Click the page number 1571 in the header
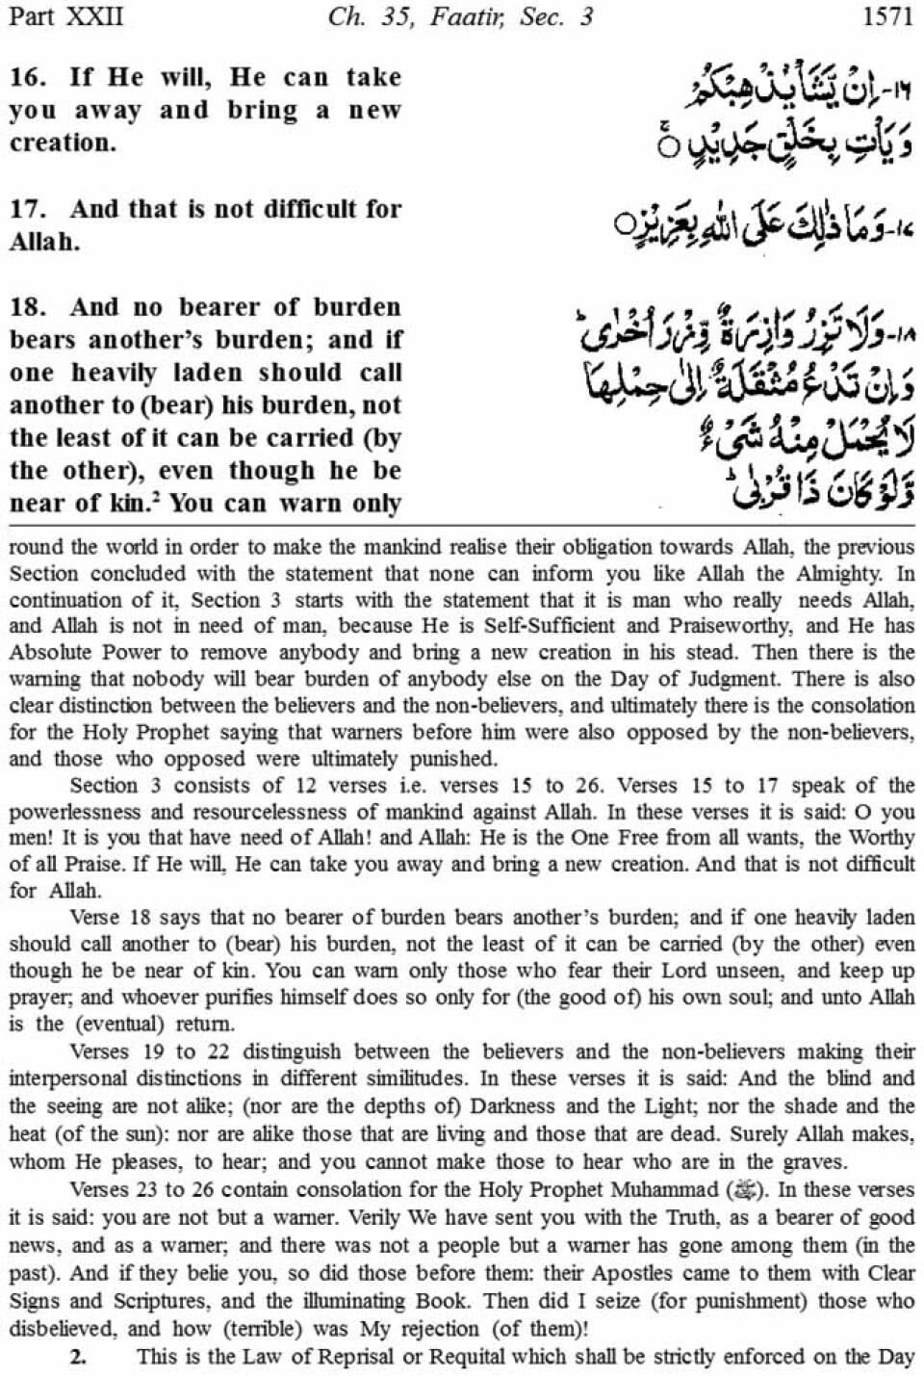[x=883, y=16]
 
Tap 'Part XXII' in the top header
[x=64, y=16]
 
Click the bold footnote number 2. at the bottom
[x=80, y=1358]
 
